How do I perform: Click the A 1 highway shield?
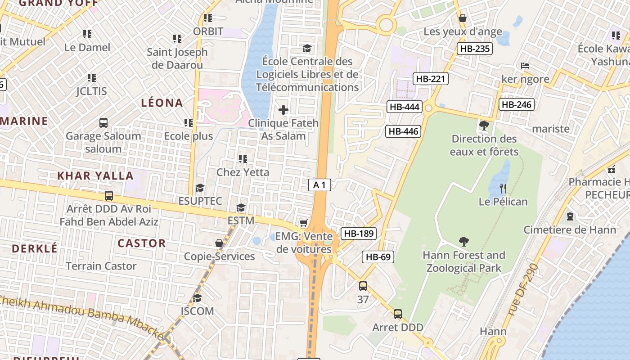click(320, 184)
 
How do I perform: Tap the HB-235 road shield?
click(474, 49)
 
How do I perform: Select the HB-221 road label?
click(430, 79)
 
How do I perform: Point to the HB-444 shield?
click(404, 107)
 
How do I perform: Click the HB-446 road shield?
click(403, 131)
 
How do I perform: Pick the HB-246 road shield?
click(516, 105)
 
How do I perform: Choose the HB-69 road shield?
click(378, 257)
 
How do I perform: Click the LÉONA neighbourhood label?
click(162, 103)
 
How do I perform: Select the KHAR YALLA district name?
click(95, 175)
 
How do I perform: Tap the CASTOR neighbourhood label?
click(142, 243)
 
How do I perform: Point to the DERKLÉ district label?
click(35, 248)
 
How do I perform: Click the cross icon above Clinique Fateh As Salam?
click(283, 109)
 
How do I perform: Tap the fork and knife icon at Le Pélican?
click(503, 188)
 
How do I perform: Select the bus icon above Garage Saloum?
click(103, 122)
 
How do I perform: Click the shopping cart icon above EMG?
click(304, 223)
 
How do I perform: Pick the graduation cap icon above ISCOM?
click(197, 298)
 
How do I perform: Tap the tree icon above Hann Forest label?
click(463, 242)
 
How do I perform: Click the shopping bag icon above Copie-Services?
click(219, 243)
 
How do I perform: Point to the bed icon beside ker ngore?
click(525, 66)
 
